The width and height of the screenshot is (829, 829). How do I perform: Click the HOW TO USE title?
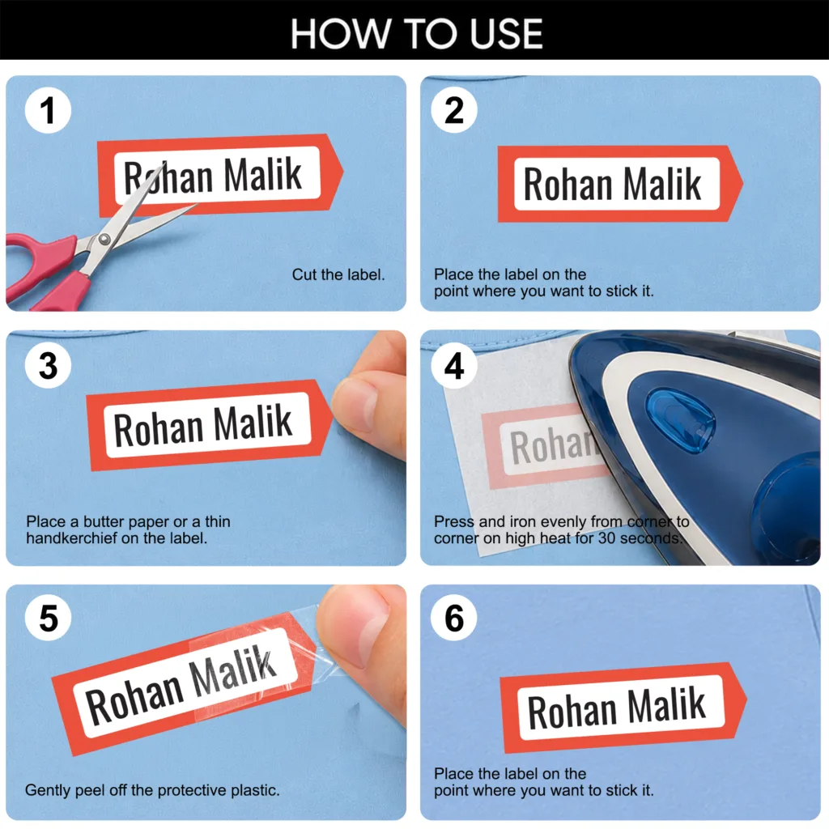coord(417,33)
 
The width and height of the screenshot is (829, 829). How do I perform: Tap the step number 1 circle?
coord(48,110)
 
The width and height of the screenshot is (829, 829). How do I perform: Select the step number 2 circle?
coord(454,110)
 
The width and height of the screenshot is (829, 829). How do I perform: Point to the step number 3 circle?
coord(48,365)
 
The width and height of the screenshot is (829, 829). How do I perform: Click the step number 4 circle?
coord(454,365)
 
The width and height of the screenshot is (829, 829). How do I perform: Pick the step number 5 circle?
coord(48,618)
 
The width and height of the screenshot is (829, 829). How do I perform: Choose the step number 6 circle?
coord(454,618)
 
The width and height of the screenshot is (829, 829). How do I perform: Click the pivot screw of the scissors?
coord(104,240)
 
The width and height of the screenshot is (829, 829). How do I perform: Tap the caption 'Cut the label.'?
coord(338,274)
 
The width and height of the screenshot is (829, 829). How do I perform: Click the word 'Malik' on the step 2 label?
coord(662,184)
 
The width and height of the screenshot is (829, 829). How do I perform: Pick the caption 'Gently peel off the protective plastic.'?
coord(152,790)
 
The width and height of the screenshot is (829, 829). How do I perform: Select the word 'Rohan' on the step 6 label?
coord(572,712)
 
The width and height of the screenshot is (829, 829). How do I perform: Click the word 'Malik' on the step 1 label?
coord(263,174)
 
